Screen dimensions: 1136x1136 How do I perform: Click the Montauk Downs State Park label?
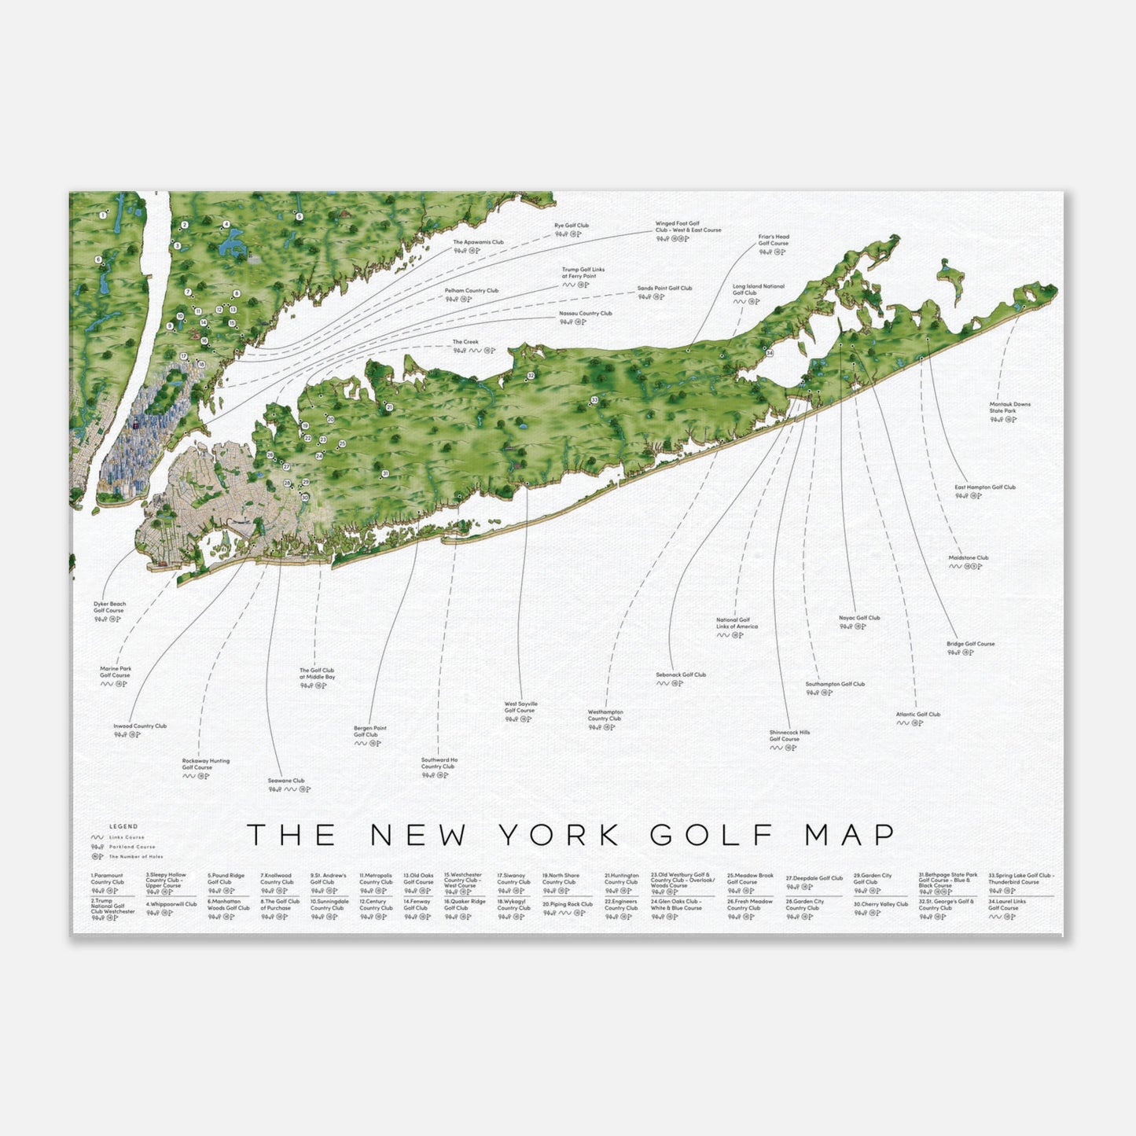click(x=1009, y=407)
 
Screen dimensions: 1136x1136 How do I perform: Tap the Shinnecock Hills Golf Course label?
click(x=789, y=735)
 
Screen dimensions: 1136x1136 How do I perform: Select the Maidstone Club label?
click(x=968, y=557)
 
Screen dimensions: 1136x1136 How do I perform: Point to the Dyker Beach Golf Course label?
click(x=109, y=607)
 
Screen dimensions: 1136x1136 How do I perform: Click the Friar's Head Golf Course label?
click(x=773, y=240)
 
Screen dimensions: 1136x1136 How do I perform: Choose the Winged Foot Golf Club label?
click(x=687, y=226)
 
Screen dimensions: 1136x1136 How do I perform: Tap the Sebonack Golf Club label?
click(x=681, y=675)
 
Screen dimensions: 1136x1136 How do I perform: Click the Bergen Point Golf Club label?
click(x=369, y=731)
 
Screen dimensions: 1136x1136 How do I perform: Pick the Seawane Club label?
click(x=285, y=781)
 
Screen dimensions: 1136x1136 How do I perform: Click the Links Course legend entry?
click(x=126, y=837)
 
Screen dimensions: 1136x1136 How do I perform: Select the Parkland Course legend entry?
click(x=131, y=847)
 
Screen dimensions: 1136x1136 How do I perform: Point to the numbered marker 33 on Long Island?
click(x=594, y=400)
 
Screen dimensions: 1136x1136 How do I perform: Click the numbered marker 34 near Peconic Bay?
click(x=770, y=353)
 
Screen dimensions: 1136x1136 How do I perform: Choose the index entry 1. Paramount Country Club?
click(x=108, y=879)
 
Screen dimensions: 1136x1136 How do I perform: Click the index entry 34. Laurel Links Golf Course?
click(x=1006, y=905)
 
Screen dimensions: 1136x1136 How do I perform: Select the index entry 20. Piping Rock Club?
click(x=567, y=905)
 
